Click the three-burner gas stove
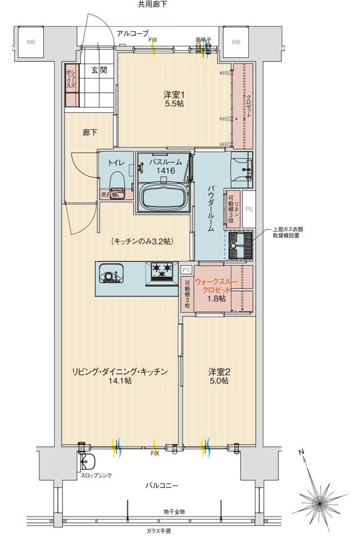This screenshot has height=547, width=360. tap(161, 271)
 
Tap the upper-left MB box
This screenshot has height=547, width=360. tap(30, 42)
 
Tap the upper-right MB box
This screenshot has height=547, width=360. tap(236, 42)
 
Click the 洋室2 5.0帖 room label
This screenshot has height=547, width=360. tap(218, 376)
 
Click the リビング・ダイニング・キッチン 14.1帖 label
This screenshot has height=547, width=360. tap(120, 376)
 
